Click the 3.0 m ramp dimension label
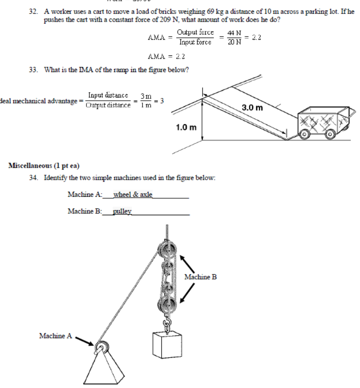coord(252,109)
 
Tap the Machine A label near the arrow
coord(55,336)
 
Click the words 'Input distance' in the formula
coord(108,95)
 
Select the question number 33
coord(31,70)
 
